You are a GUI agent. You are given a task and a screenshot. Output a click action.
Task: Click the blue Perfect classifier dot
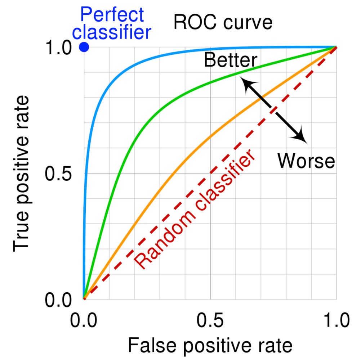(x=84, y=47)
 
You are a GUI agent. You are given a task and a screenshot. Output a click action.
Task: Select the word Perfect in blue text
(x=112, y=15)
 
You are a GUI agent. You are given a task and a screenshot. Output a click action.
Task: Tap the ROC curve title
(x=223, y=23)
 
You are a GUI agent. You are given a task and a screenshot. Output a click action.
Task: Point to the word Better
(x=231, y=60)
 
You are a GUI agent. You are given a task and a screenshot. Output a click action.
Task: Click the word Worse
(x=306, y=160)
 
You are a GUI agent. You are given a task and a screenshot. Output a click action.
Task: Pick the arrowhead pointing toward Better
(x=245, y=84)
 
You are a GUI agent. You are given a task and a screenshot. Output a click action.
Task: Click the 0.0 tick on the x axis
(x=84, y=320)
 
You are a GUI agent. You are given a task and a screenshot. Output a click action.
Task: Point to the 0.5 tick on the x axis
(x=210, y=320)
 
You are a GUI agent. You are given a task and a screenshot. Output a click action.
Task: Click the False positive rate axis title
(x=210, y=346)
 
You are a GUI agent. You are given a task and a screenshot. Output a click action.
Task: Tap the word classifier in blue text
(x=114, y=32)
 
